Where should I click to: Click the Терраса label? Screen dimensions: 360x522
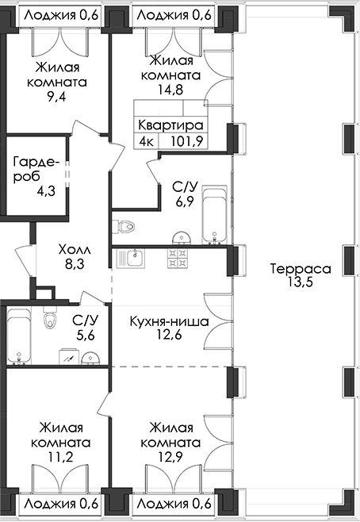click(x=301, y=268)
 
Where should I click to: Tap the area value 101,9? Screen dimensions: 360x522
click(x=187, y=141)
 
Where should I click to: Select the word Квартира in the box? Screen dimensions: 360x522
click(x=170, y=125)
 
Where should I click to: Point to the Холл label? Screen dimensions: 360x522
click(x=75, y=249)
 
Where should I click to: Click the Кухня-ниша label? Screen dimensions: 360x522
click(x=170, y=321)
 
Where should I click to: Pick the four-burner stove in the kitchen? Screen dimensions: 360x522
click(x=178, y=259)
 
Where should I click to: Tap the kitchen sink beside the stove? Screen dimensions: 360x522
click(x=130, y=259)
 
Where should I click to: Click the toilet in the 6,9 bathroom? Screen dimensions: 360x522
click(x=123, y=227)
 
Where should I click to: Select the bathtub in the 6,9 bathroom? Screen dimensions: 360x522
click(x=215, y=215)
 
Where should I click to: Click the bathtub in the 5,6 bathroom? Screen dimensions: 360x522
click(x=19, y=336)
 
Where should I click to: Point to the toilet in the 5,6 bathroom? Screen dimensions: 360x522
click(x=50, y=317)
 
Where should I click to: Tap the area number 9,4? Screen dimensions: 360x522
click(x=56, y=97)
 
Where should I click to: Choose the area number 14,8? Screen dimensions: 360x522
click(x=170, y=90)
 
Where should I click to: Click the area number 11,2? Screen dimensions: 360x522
click(x=60, y=457)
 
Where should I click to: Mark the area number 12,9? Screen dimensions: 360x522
click(x=170, y=457)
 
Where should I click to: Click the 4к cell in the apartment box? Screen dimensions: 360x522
click(x=147, y=141)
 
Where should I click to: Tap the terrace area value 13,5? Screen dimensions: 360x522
click(x=301, y=282)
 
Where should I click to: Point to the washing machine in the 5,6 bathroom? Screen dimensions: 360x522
click(x=69, y=357)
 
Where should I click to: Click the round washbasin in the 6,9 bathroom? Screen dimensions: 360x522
click(x=182, y=239)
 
